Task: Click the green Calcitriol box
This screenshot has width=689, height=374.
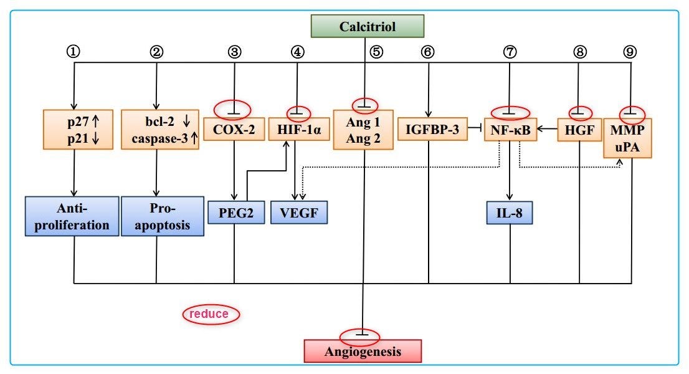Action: [x=368, y=26]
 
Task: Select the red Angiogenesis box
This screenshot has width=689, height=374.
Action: [x=363, y=351]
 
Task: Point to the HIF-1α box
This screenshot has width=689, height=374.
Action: [x=298, y=129]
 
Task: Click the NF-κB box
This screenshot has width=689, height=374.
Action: [x=510, y=129]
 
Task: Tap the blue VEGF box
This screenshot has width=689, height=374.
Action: [x=298, y=212]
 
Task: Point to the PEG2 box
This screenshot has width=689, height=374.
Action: [x=234, y=212]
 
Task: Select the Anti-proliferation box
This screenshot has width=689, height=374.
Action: [x=73, y=216]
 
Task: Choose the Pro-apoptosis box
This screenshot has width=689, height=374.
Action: [x=163, y=216]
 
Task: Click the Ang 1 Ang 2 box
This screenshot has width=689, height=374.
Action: [x=364, y=130]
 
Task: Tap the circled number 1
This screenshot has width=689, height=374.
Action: [x=75, y=52]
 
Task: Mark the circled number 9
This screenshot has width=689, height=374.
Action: [x=630, y=52]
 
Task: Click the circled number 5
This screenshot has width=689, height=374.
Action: [x=376, y=52]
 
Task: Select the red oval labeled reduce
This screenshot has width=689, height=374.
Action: [x=211, y=314]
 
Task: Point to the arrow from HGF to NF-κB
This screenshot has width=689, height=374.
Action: [x=547, y=129]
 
